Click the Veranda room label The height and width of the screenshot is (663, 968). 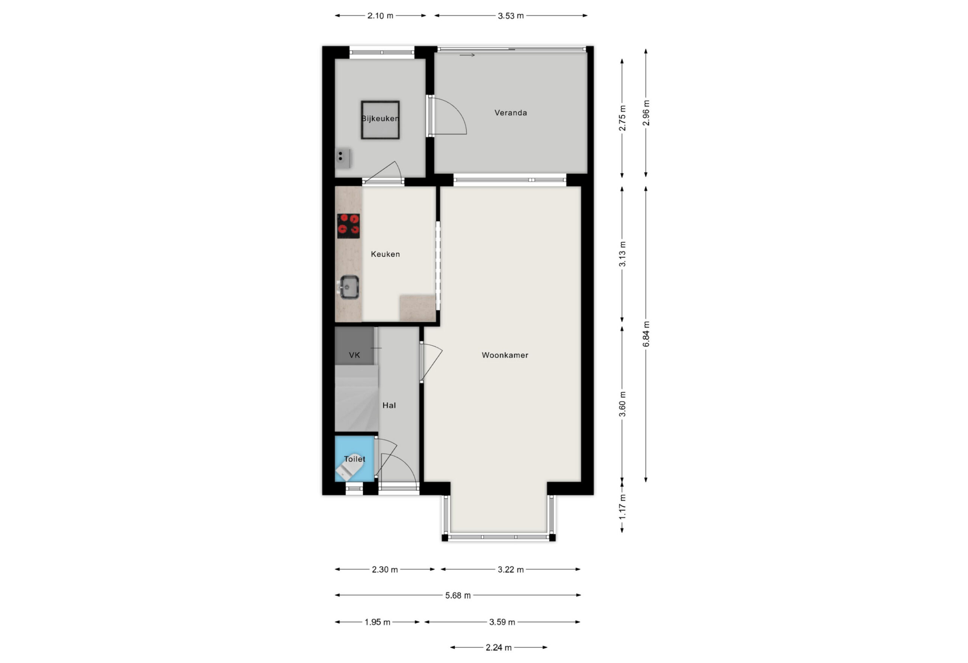click(510, 113)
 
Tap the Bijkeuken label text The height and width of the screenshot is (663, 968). click(380, 119)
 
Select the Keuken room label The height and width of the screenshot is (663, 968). click(385, 254)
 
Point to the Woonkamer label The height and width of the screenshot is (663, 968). click(505, 355)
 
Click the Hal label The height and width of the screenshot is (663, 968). click(389, 405)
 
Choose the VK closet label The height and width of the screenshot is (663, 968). click(354, 355)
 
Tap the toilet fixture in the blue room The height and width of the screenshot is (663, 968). click(349, 467)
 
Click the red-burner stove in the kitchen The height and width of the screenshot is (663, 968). click(348, 226)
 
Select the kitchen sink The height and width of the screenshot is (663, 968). click(349, 287)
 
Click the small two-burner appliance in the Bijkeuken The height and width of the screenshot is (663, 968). click(343, 158)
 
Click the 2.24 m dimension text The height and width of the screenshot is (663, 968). click(499, 647)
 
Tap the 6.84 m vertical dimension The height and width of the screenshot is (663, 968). click(646, 334)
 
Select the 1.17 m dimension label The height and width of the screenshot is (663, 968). click(622, 506)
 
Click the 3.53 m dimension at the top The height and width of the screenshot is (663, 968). click(510, 16)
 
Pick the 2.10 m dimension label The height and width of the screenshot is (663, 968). click(380, 16)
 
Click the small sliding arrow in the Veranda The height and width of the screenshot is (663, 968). click(467, 55)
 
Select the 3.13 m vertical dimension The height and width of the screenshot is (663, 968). click(622, 254)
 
